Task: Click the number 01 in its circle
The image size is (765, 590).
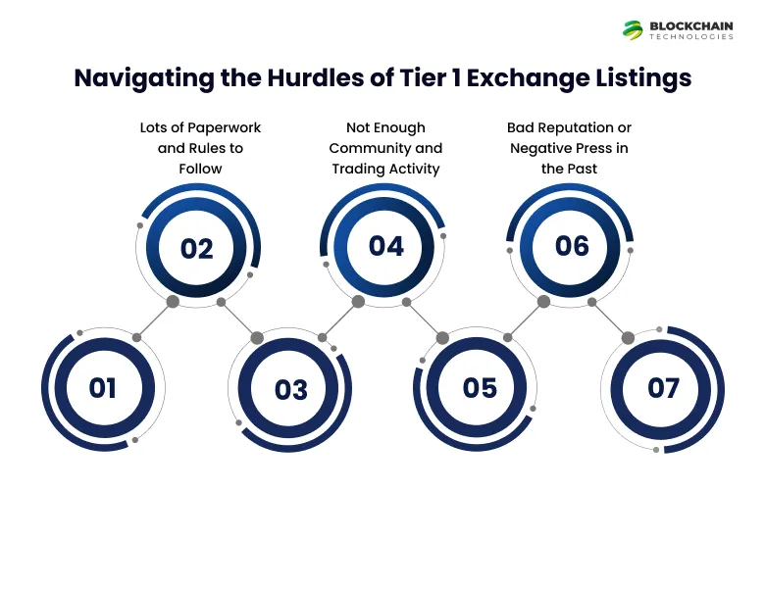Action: click(x=103, y=388)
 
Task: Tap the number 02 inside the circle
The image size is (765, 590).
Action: click(x=197, y=249)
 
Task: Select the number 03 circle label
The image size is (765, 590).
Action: click(x=291, y=390)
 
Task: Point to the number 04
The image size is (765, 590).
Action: click(x=385, y=247)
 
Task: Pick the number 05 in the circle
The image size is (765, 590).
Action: click(x=480, y=388)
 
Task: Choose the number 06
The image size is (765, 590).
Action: click(x=572, y=246)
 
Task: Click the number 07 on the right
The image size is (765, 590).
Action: click(x=664, y=389)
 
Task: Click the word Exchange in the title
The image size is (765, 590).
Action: click(x=526, y=78)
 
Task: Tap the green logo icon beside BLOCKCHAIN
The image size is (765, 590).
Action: click(x=633, y=29)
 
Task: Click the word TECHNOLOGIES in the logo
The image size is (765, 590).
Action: click(x=691, y=37)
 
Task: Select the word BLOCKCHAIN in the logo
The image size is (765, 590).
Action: click(x=691, y=25)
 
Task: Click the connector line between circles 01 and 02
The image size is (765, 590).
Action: click(x=155, y=320)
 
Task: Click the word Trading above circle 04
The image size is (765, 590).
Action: click(x=355, y=169)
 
